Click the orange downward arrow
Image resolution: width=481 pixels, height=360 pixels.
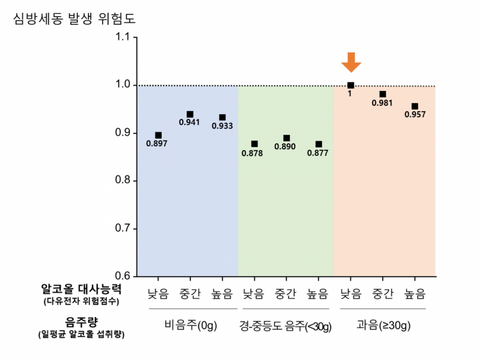pos(351,62)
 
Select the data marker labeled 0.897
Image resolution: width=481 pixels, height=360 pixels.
pos(158,135)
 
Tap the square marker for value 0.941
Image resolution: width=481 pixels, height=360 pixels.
pos(190,115)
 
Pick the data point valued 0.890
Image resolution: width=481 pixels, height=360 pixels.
pos(287,138)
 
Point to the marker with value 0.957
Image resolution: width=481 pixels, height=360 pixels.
pos(415,106)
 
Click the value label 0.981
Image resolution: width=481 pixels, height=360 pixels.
pos(382,103)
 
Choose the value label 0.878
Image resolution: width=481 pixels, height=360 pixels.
pos(252,153)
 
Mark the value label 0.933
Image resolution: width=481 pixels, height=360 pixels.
pos(222,126)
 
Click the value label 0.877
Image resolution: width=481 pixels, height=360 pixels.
pos(318,153)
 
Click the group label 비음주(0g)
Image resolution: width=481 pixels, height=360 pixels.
pos(191,326)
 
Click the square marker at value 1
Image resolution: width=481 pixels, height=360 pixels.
pos(350,85)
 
